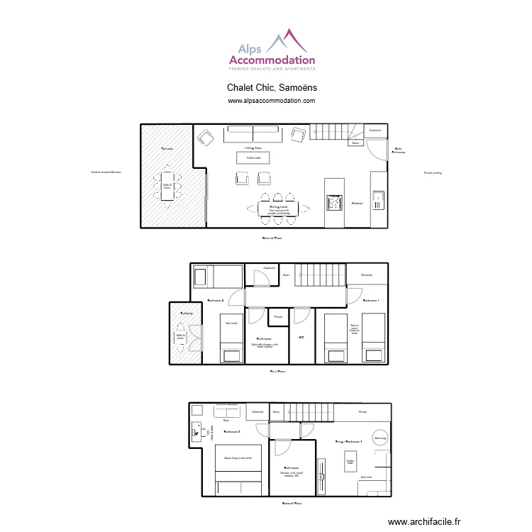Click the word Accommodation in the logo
272,61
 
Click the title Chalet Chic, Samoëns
272,88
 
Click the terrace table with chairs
167,186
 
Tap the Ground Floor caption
272,238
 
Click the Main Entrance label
399,150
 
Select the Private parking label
433,172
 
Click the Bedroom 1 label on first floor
371,301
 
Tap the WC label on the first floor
301,337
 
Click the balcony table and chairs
180,338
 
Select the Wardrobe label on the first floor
367,275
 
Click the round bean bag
379,438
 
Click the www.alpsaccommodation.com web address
272,101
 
